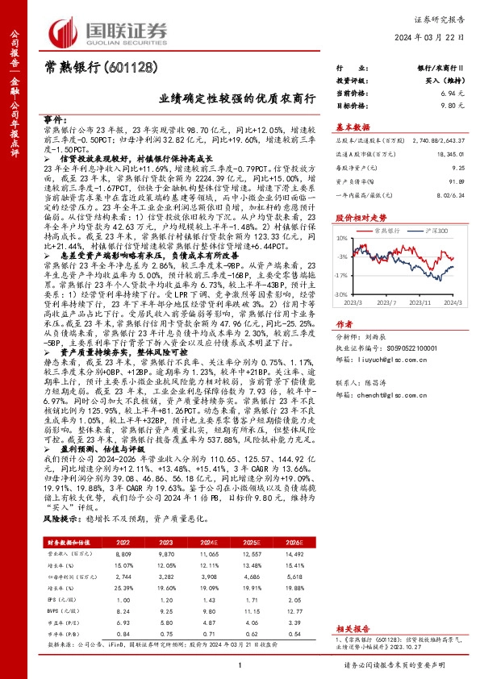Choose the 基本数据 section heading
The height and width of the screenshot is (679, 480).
pos(353,127)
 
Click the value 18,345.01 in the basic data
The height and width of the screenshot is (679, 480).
pos(449,152)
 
